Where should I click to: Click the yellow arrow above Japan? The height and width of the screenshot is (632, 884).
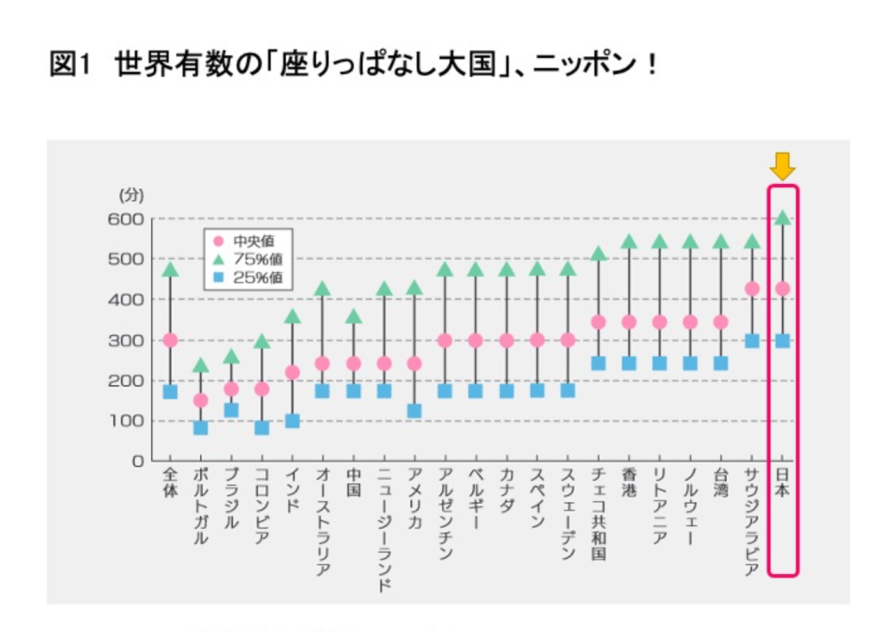tap(782, 165)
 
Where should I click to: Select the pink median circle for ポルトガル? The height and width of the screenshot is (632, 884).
tap(200, 400)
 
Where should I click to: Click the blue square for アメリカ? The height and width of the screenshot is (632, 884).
tap(414, 411)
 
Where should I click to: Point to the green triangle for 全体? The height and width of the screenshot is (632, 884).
tap(170, 270)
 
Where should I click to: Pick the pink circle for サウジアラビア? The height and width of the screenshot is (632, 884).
tap(752, 288)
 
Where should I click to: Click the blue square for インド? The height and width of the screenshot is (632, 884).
tap(292, 420)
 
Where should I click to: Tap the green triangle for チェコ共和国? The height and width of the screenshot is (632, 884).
tap(598, 254)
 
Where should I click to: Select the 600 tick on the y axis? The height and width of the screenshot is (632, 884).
tap(125, 218)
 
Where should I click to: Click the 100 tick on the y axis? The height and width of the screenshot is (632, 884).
tap(125, 420)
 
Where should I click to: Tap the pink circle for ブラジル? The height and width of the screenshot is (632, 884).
tap(231, 389)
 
